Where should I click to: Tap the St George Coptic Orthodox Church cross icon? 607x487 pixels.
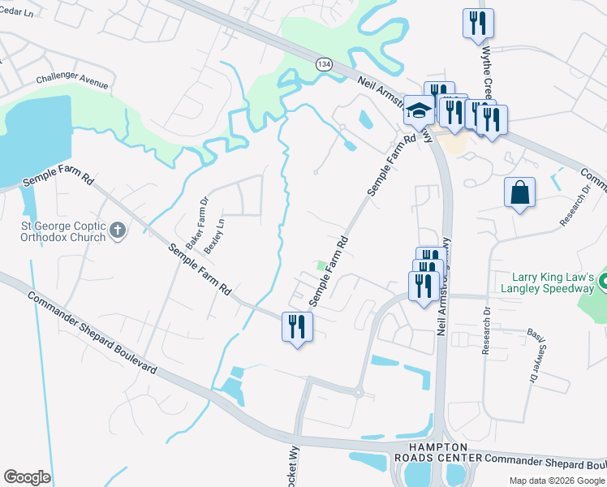point(118,231)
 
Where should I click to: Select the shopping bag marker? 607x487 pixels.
point(519,193)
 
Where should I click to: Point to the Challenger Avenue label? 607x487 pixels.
point(72,82)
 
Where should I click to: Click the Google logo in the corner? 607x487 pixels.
point(27,477)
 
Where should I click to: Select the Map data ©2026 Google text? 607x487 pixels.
point(556,481)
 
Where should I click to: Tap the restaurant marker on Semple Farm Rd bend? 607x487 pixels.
point(297,327)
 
